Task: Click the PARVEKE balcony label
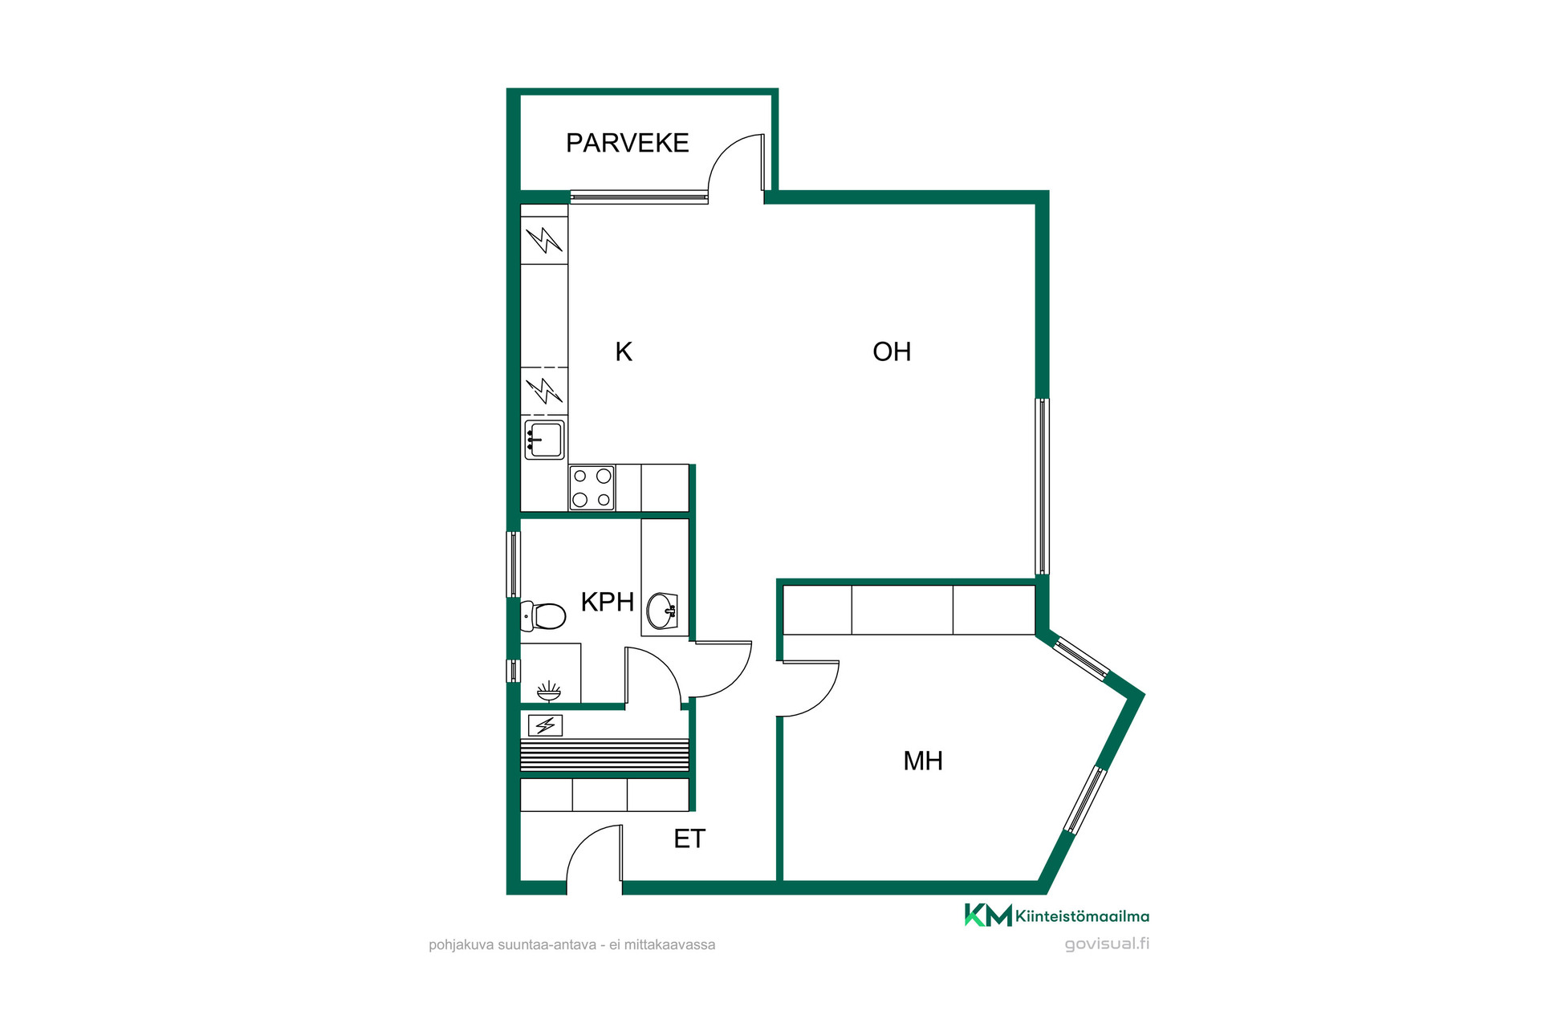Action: click(x=627, y=143)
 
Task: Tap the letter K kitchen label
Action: click(x=624, y=351)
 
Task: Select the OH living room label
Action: click(x=892, y=351)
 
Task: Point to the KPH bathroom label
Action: click(x=607, y=602)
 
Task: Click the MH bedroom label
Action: click(x=923, y=761)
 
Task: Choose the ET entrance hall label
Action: click(x=689, y=838)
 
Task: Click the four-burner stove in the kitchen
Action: click(x=592, y=487)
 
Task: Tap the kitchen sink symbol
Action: click(x=544, y=440)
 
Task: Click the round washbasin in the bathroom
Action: click(x=663, y=610)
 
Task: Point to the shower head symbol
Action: click(x=549, y=691)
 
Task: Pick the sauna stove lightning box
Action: click(x=545, y=725)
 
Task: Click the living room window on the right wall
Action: click(x=1042, y=486)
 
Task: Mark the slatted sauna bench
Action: click(x=604, y=755)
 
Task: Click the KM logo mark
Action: click(x=988, y=915)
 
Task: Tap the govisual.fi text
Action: click(x=1107, y=944)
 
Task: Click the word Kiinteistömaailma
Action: click(x=1082, y=916)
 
